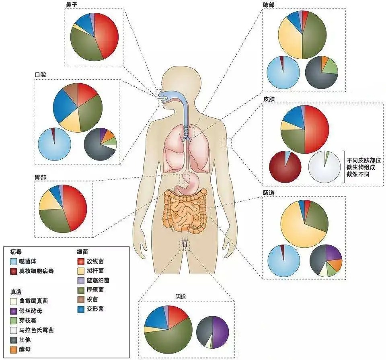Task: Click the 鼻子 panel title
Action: tap(71, 4)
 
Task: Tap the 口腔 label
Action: tap(41, 75)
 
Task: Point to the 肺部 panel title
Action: tap(269, 4)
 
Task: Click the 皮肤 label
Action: tap(269, 98)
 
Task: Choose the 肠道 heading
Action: tap(269, 193)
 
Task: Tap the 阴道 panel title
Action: tap(181, 296)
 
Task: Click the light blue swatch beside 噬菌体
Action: tap(14, 261)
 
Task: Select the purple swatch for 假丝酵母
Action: tap(14, 311)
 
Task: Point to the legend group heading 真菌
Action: tap(16, 290)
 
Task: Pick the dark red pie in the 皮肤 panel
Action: tap(285, 166)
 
